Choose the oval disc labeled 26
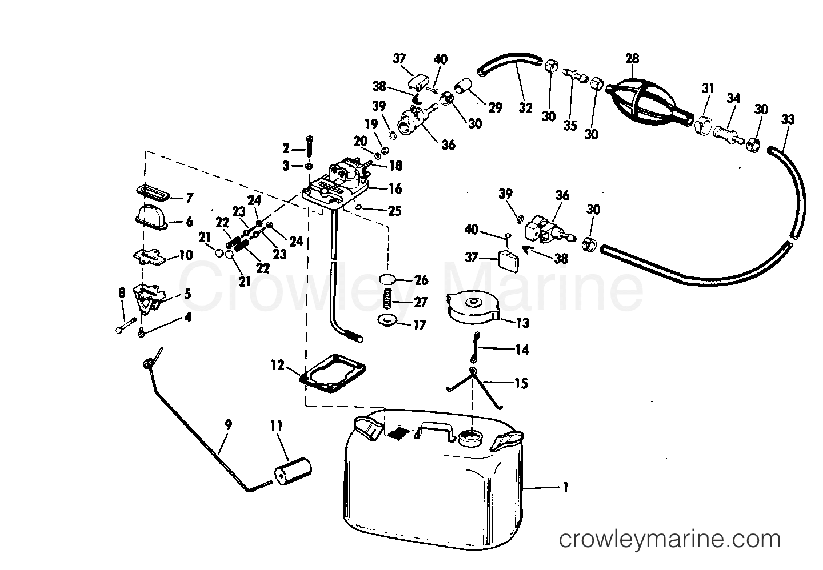point(387,280)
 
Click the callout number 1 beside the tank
point(565,487)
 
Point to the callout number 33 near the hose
point(788,119)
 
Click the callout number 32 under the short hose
point(525,107)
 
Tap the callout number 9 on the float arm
point(228,424)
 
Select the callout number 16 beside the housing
point(395,188)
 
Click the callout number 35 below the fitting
point(570,125)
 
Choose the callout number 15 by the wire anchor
point(521,383)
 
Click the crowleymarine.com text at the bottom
point(669,539)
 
